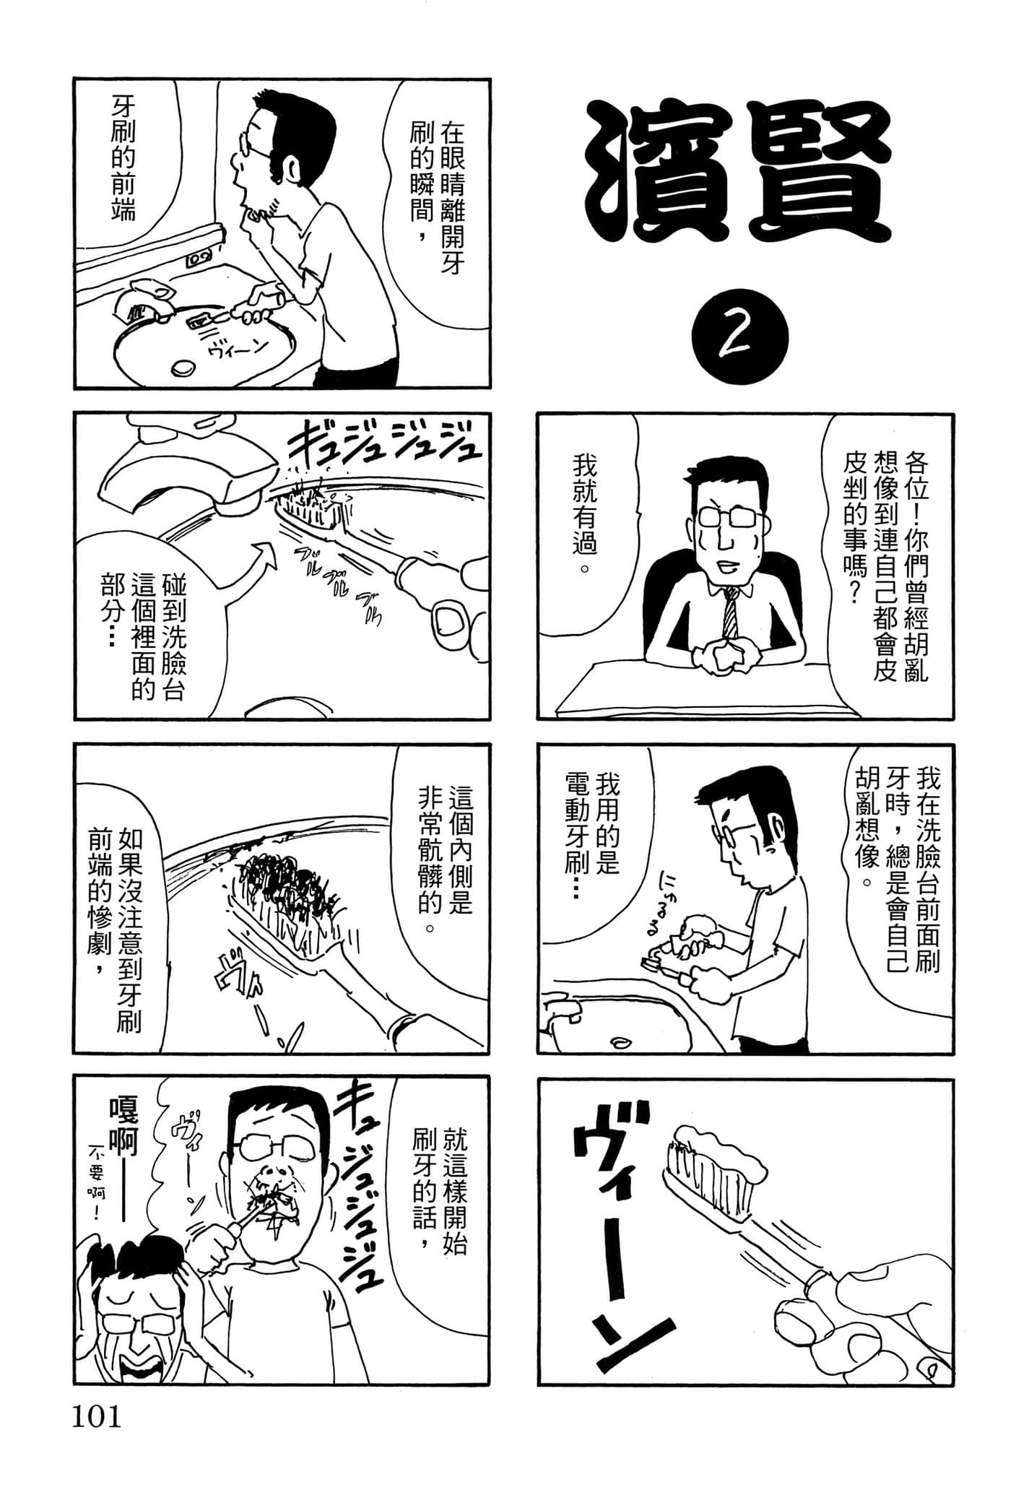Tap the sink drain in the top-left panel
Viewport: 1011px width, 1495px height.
[x=181, y=368]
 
